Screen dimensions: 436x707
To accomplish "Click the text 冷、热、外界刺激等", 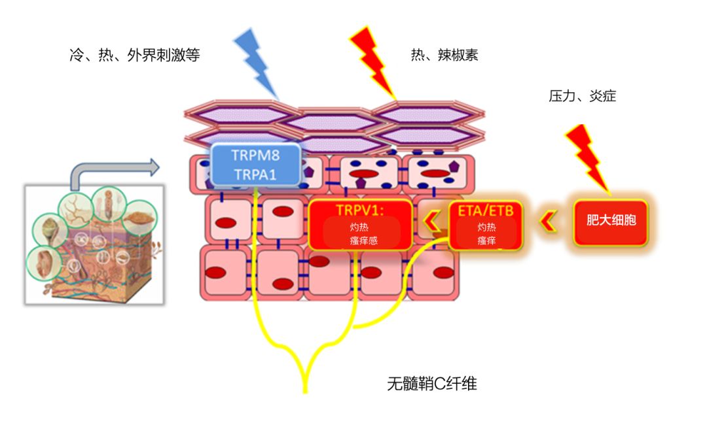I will click(134, 56).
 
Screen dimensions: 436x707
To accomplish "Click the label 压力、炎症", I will click(582, 97).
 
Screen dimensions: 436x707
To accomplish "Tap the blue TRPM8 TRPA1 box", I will click(256, 165).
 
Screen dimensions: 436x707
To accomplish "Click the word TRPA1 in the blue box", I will click(256, 176).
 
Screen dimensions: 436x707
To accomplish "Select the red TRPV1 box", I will click(361, 224).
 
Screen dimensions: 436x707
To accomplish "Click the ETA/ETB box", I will click(486, 224).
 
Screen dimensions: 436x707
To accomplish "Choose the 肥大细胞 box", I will click(611, 221).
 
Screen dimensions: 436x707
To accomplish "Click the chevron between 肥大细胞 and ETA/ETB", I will click(548, 222).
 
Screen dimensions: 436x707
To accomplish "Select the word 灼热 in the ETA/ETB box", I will click(486, 228).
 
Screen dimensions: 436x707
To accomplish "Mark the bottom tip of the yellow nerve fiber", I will click(305, 391).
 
